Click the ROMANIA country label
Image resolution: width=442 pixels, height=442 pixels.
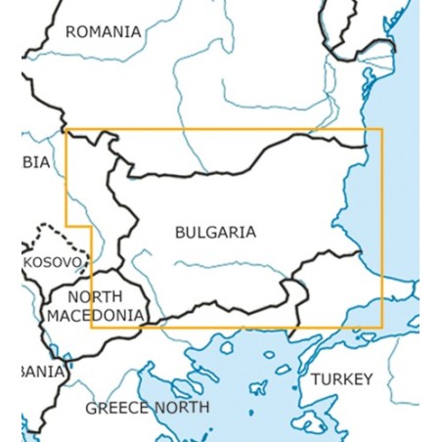pos(103,31)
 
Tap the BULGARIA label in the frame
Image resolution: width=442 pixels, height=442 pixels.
pos(214,233)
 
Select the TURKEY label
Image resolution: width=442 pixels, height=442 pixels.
pos(341,379)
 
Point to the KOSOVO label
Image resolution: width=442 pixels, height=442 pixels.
pos(54,263)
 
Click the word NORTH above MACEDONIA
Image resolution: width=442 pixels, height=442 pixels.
pos(96,296)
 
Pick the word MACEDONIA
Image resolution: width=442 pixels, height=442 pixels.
pos(95,315)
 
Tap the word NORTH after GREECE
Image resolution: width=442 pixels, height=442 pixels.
pos(182,407)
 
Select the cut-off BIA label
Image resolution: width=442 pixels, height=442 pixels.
pos(35,162)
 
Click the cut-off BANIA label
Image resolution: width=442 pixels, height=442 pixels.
pos(42,372)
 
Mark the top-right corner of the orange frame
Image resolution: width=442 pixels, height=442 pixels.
pos(382,129)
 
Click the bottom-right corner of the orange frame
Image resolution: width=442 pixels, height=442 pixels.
pos(382,328)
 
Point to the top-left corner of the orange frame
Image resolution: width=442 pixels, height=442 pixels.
pos(66,129)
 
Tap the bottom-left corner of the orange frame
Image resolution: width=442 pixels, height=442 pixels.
pos(91,328)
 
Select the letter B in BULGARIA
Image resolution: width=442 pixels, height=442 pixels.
pos(180,233)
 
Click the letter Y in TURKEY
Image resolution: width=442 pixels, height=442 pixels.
pos(367,379)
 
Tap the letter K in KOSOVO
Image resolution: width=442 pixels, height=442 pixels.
pos(28,263)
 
